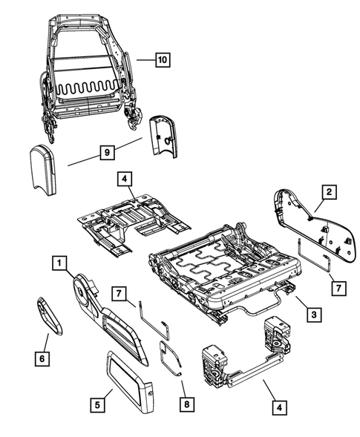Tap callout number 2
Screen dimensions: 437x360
[x=327, y=191]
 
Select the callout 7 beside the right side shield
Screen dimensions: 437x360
[x=336, y=286]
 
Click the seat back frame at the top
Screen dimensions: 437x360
[x=89, y=67]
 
